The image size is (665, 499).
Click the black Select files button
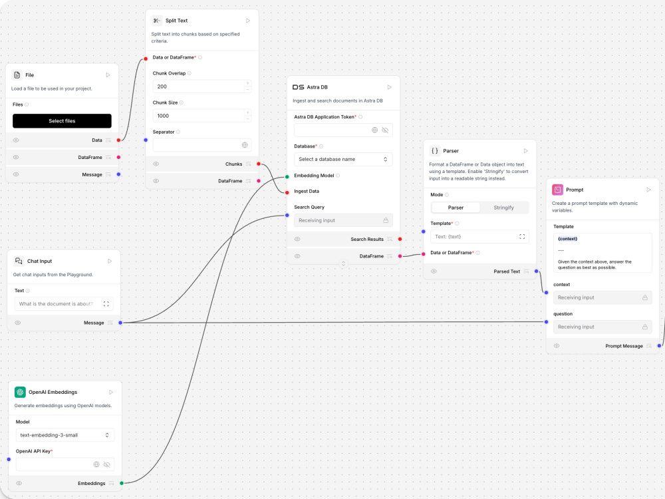point(62,121)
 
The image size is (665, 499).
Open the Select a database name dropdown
point(343,159)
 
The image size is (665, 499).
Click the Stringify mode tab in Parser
point(503,208)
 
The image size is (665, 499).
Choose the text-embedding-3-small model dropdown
point(65,435)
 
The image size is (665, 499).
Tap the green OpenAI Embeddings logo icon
point(20,392)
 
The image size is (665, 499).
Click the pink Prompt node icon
point(558,190)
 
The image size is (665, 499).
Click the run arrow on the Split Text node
point(248,21)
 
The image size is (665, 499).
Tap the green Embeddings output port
point(122,483)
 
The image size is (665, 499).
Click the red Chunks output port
point(259,164)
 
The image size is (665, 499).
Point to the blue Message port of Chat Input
point(120,323)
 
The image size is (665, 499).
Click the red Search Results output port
point(400,240)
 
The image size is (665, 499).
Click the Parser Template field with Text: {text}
point(479,237)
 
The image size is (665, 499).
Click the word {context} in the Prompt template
point(567,238)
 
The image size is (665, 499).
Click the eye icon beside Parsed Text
point(434,271)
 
